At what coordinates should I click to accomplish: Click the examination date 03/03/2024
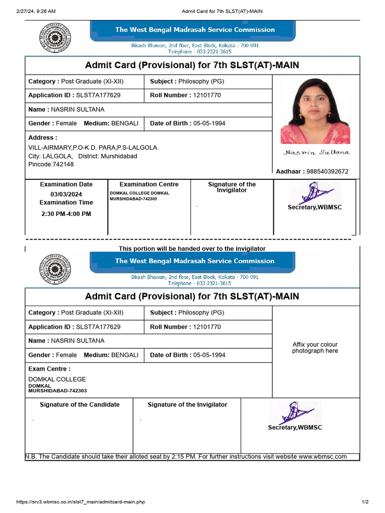tap(66, 194)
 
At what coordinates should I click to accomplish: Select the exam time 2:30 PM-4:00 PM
tap(66, 214)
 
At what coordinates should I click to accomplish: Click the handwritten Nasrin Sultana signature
tap(316, 152)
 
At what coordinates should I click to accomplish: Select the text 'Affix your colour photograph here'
tap(315, 348)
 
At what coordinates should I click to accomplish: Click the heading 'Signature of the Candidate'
tap(80, 404)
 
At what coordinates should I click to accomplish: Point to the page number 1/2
tap(365, 502)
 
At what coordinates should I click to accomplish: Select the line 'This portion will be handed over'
tap(192, 248)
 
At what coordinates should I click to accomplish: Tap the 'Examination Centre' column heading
tap(149, 184)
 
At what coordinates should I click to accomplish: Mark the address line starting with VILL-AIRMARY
tap(93, 148)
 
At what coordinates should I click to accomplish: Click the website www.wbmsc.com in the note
tap(322, 456)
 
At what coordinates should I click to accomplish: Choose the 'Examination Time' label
tap(66, 202)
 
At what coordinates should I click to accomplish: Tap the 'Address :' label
tap(43, 137)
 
